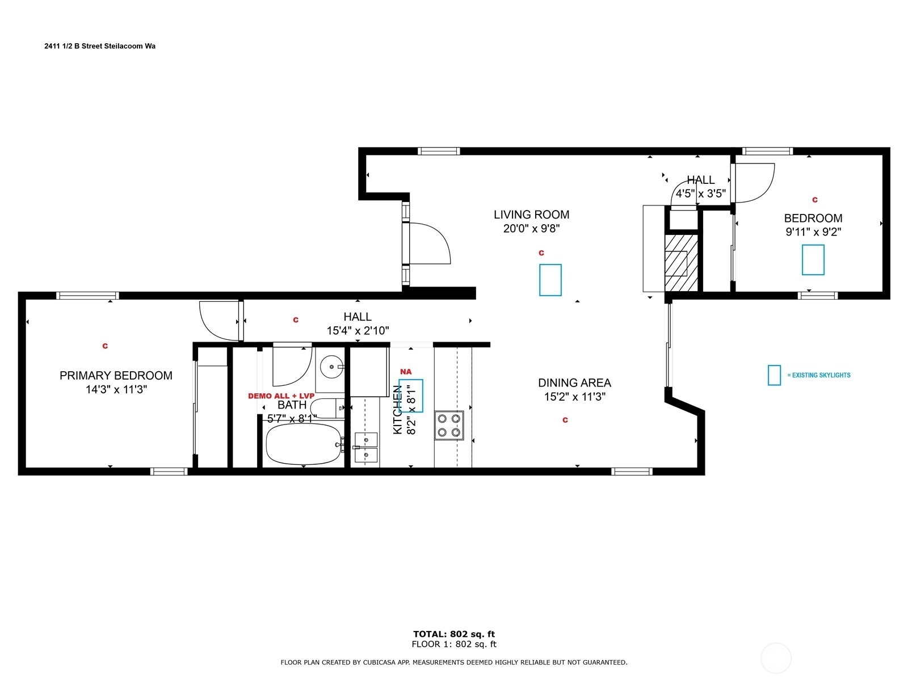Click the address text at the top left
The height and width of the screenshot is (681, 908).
tap(100, 47)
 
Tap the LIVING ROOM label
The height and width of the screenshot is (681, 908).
tap(531, 215)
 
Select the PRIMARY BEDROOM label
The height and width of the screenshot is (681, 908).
tap(116, 376)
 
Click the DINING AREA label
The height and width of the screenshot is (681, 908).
tap(574, 382)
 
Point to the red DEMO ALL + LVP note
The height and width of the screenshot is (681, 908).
tap(281, 396)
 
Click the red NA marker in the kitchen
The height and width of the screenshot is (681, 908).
tap(406, 372)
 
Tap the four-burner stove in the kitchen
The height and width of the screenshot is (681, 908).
tap(449, 426)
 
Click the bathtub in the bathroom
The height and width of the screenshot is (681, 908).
tap(303, 444)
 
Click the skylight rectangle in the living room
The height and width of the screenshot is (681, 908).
tap(550, 280)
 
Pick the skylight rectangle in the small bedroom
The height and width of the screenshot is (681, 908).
tap(813, 260)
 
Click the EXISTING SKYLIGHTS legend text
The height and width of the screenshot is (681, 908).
tap(819, 375)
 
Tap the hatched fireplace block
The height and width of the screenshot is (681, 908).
tap(682, 263)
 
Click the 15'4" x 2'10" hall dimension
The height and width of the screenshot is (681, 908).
tap(358, 331)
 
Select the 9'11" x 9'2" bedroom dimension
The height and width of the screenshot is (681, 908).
tap(813, 232)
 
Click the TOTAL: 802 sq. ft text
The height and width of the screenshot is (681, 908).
tap(454, 634)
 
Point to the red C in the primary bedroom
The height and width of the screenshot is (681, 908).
tap(105, 346)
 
